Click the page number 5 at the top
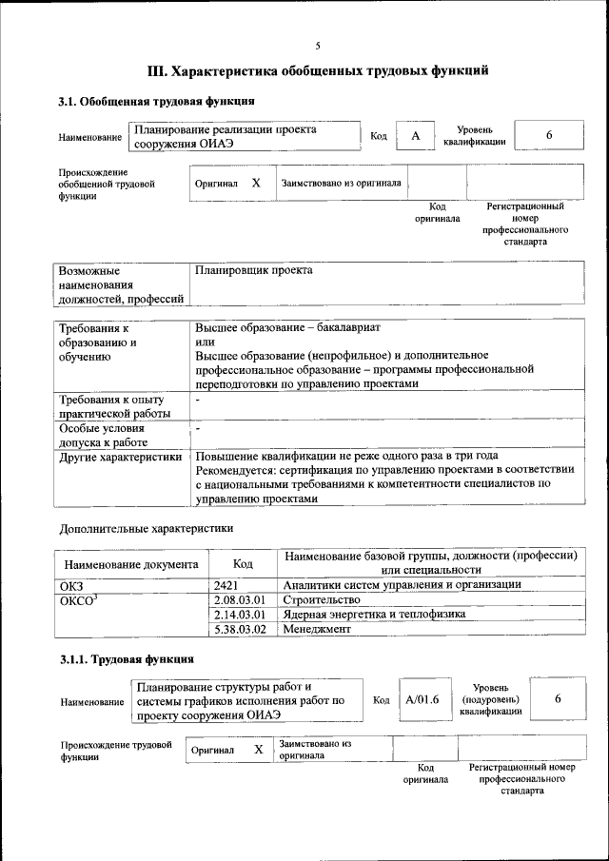pyautogui.click(x=318, y=46)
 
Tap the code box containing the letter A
pyautogui.click(x=415, y=136)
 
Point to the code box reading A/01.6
pyautogui.click(x=422, y=699)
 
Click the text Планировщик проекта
pyautogui.click(x=253, y=270)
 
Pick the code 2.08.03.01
pyautogui.click(x=241, y=600)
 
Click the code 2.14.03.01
pyautogui.click(x=241, y=615)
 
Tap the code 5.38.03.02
pyautogui.click(x=241, y=630)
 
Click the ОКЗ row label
pyautogui.click(x=72, y=584)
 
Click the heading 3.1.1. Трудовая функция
pyautogui.click(x=127, y=658)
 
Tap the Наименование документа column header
pyautogui.click(x=130, y=563)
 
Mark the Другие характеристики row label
pyautogui.click(x=121, y=457)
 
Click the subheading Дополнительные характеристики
pyautogui.click(x=146, y=528)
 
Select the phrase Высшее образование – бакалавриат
pyautogui.click(x=287, y=326)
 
